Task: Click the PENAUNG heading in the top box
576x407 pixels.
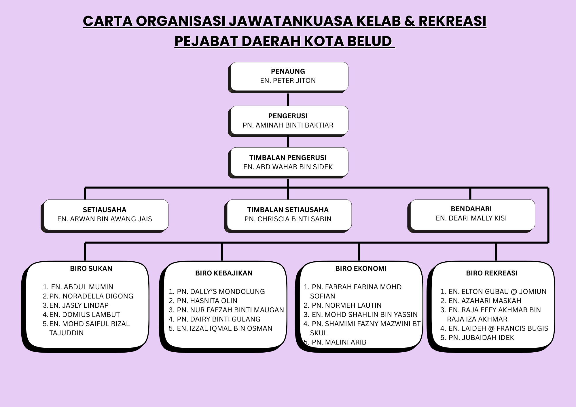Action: point(288,71)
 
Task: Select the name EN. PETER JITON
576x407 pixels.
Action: point(288,81)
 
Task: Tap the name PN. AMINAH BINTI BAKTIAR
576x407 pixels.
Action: point(288,125)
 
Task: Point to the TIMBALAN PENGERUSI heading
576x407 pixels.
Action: point(288,158)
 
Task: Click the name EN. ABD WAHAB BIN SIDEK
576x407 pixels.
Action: point(288,167)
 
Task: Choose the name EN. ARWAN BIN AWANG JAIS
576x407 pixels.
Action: point(105,219)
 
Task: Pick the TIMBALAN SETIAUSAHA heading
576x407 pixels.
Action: point(288,210)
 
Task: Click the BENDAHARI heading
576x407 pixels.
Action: point(471,209)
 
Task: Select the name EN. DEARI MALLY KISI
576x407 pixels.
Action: point(471,218)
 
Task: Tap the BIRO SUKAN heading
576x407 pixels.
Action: point(91,269)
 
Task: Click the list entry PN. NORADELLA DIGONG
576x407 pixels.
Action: point(91,296)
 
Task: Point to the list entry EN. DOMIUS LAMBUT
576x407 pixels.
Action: point(85,315)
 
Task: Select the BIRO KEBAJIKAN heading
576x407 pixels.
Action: point(224,273)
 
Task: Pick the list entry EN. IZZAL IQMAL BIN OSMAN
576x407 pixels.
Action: point(224,328)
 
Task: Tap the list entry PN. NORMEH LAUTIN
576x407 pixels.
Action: point(346,305)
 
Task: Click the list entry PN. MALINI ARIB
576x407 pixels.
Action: point(339,342)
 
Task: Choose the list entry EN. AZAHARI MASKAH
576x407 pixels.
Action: point(485,301)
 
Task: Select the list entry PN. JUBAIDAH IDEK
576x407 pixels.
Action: point(481,338)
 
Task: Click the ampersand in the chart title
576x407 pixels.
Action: point(410,21)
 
